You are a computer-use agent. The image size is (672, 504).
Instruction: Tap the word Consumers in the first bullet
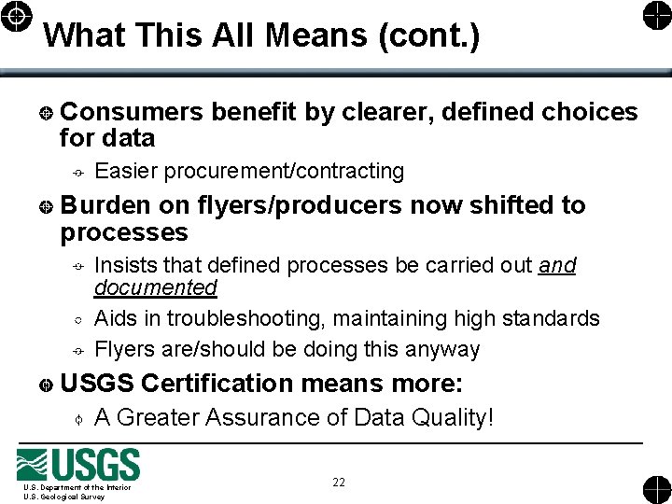coord(131,113)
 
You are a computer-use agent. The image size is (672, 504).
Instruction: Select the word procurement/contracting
coord(284,172)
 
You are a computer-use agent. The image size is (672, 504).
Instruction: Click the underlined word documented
coord(156,287)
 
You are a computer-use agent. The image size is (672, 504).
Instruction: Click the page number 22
coord(338,483)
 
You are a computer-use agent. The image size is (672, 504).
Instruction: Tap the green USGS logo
coord(79,465)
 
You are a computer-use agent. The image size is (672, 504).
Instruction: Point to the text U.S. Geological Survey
coord(64,497)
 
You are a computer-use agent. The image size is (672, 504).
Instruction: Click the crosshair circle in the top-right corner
coord(655,16)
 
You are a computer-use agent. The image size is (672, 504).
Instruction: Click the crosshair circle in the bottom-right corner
coord(655,489)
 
